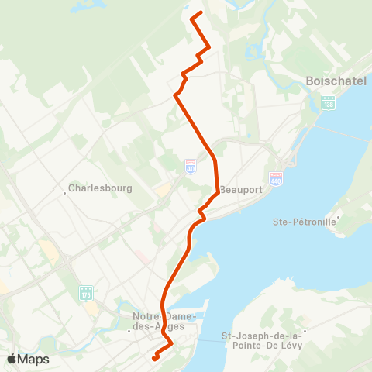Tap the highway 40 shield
pos(191,167)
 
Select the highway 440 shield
pos(275,179)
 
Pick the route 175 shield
pos(85,293)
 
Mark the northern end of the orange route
pos(201,14)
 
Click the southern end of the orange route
pos(154,359)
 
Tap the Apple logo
pos(12,359)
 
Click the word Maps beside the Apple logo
pos(34,359)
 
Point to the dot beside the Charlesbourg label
pos(64,188)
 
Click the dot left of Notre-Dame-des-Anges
pos(129,329)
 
